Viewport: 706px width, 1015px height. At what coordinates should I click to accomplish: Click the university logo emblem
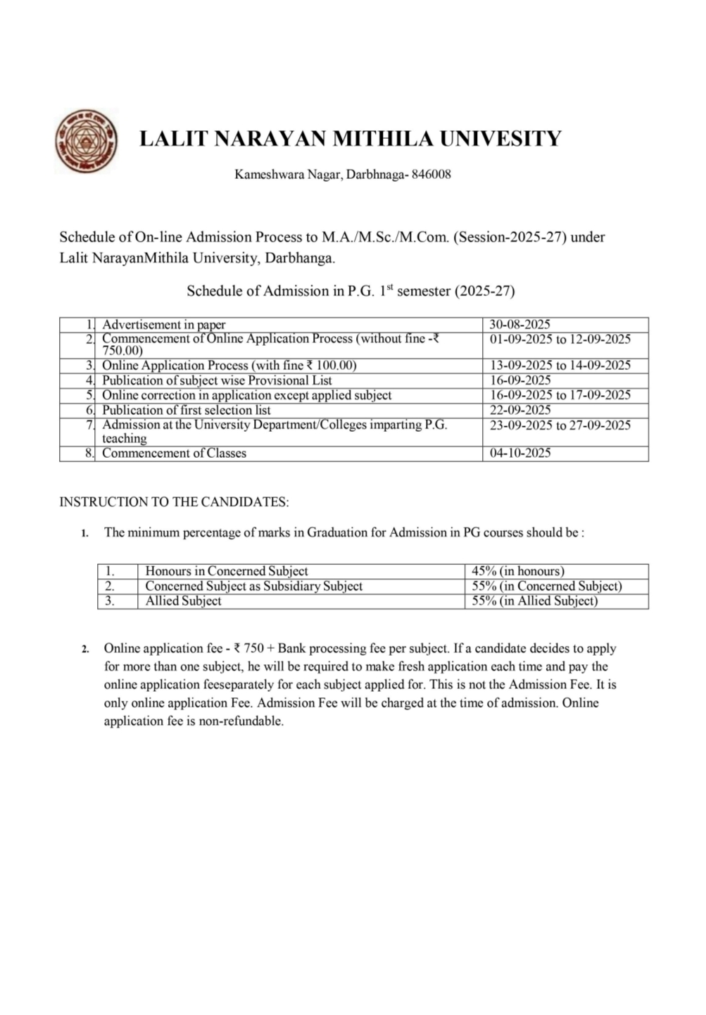point(85,141)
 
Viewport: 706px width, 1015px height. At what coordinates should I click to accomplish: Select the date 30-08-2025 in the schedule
point(519,325)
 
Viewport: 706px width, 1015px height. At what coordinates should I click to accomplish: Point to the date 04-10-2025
point(519,453)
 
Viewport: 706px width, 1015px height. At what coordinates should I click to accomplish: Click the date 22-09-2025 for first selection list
point(519,410)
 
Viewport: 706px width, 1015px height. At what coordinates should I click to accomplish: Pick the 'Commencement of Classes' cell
point(174,453)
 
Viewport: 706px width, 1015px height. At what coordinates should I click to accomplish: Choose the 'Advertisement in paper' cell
point(163,325)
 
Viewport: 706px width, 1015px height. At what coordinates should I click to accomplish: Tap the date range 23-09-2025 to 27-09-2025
point(560,425)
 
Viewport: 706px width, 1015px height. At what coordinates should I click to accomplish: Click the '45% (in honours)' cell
point(518,571)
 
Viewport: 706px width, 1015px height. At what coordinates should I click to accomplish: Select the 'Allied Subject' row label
point(183,601)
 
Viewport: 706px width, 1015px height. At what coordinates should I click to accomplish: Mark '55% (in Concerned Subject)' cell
point(547,586)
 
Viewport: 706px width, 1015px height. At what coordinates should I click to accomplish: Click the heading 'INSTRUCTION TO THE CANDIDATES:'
point(174,502)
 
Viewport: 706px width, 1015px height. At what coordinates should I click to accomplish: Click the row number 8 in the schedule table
point(89,453)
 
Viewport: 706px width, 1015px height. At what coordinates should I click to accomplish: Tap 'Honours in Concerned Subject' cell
point(226,571)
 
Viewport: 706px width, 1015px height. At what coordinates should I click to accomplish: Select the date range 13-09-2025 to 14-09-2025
point(560,365)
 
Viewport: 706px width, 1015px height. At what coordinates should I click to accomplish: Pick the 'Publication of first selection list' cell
point(186,410)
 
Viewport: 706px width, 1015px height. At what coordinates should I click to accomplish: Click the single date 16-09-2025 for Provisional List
point(519,380)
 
